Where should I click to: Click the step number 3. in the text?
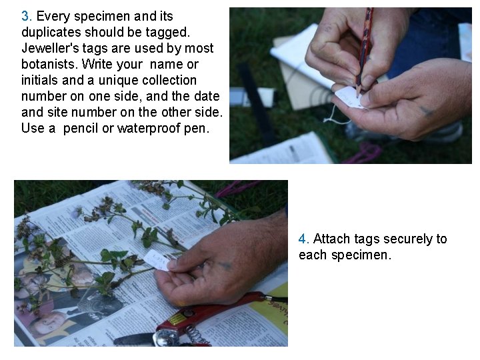[27, 17]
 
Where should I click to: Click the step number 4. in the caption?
[304, 239]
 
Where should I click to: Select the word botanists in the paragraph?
[49, 65]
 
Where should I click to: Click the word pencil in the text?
[81, 129]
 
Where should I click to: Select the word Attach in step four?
[332, 239]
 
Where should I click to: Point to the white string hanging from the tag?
[331, 117]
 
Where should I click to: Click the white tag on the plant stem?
[158, 259]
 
